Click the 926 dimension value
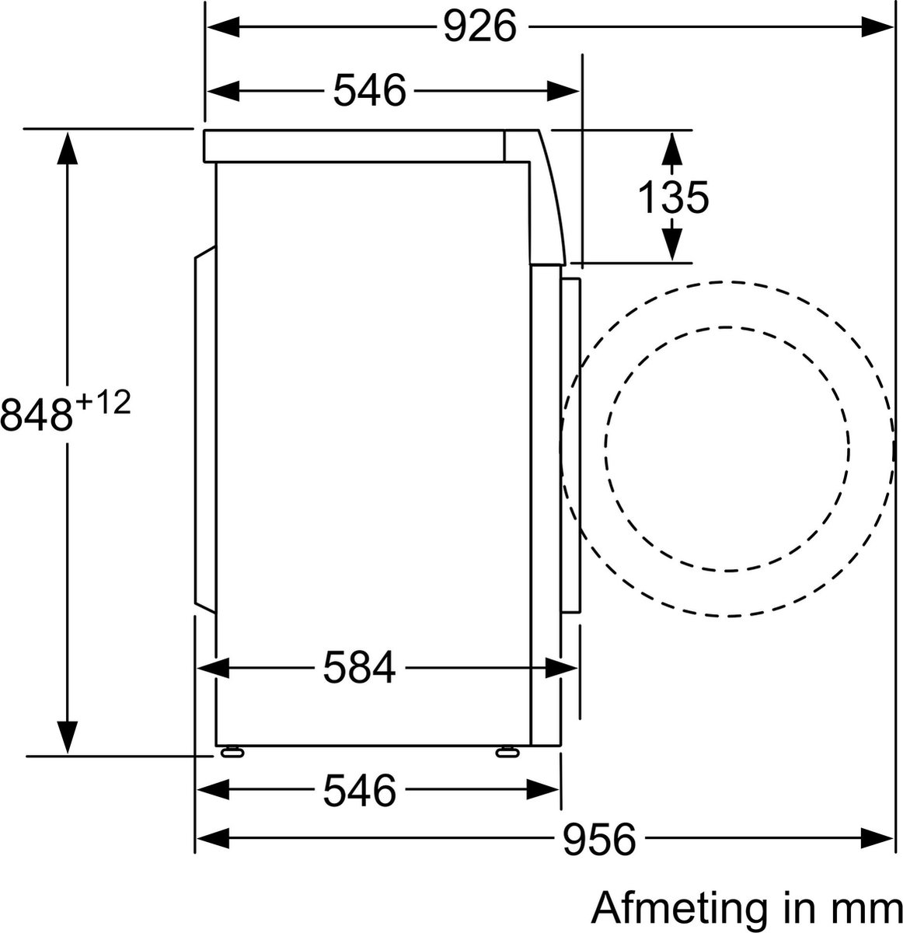(479, 27)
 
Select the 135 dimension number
(674, 197)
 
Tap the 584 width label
(360, 667)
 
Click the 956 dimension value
(599, 839)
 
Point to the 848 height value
(37, 414)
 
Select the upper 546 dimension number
(370, 91)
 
